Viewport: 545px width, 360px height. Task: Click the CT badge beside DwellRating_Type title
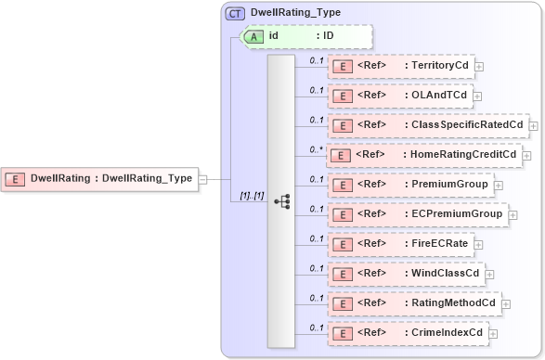tap(236, 13)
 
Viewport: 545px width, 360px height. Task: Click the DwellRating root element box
tap(101, 178)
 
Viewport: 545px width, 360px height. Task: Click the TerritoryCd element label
tap(438, 66)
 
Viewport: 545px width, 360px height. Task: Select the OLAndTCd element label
tap(436, 95)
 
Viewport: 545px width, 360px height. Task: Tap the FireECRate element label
tap(436, 244)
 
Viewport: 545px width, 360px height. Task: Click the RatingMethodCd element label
tap(450, 302)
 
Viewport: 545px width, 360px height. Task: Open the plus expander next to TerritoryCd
tap(479, 67)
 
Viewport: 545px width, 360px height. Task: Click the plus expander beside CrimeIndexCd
tap(491, 333)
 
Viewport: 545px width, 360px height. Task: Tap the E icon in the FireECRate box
tap(341, 244)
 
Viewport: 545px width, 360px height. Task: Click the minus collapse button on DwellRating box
tap(202, 178)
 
